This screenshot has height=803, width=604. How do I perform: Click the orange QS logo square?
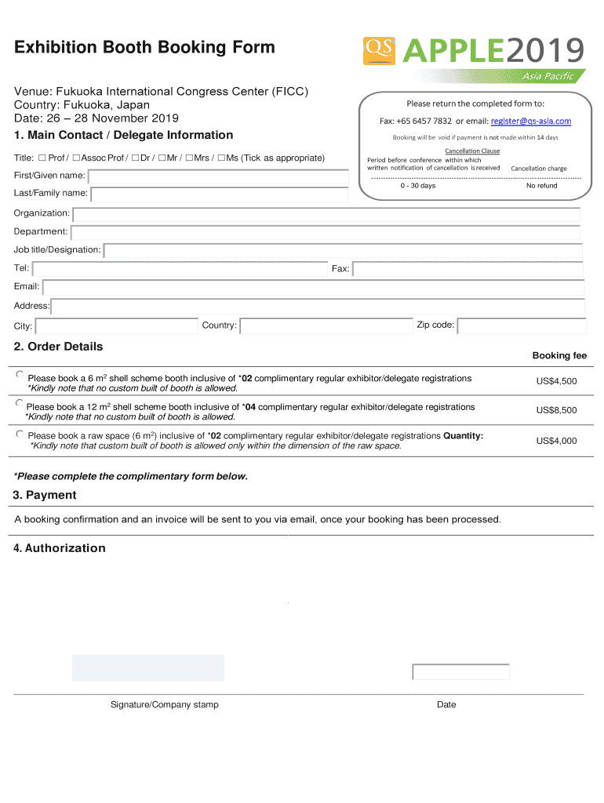pos(380,50)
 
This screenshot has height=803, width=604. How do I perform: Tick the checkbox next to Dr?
pos(135,158)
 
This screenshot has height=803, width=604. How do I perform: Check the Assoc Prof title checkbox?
pos(76,158)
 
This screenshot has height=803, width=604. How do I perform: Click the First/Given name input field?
pos(218,176)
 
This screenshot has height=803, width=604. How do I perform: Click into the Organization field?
pos(326,214)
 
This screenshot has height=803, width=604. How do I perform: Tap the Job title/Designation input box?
pos(343,250)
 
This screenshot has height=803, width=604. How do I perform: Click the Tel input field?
pos(180,269)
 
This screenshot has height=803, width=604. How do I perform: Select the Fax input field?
pos(468,269)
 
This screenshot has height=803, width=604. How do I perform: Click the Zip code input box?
pos(522,325)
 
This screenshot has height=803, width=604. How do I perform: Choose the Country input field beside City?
pos(326,325)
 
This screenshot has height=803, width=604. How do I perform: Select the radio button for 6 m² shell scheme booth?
pos(20,375)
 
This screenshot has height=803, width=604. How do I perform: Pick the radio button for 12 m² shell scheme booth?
pos(20,403)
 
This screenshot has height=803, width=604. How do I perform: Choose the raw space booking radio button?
pos(20,433)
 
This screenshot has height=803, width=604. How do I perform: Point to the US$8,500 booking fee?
pos(556,410)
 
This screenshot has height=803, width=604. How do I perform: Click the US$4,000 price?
pos(556,441)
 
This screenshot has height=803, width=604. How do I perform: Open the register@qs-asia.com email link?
pos(530,121)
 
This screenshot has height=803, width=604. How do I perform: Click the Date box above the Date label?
pos(460,672)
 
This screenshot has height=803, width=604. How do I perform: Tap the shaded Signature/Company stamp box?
pos(148,668)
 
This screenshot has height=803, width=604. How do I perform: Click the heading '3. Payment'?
pos(45,495)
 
